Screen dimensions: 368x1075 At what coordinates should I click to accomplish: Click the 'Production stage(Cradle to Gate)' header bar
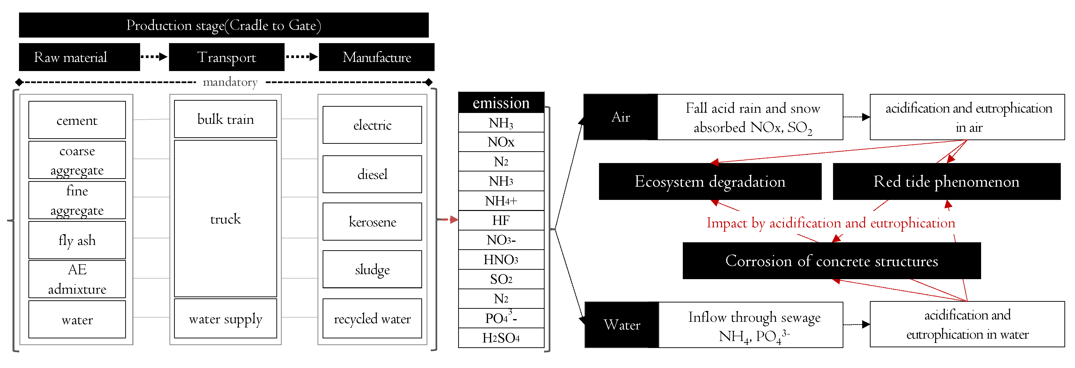(224, 26)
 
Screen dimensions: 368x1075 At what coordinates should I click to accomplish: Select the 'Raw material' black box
(79, 57)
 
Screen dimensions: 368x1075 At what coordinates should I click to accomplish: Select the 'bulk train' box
(225, 119)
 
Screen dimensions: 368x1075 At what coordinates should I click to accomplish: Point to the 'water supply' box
(225, 319)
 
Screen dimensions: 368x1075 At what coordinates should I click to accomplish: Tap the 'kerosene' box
(372, 222)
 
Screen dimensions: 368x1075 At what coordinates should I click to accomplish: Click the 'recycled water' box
(372, 319)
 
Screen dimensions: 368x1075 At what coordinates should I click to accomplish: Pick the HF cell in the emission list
(501, 220)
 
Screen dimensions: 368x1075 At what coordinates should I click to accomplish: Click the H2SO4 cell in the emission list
(501, 338)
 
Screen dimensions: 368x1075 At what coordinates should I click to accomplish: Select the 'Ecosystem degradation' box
(710, 182)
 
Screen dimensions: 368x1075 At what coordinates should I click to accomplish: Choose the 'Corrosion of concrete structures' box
(831, 261)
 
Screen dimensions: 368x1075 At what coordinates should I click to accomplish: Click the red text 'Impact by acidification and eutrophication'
(830, 223)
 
